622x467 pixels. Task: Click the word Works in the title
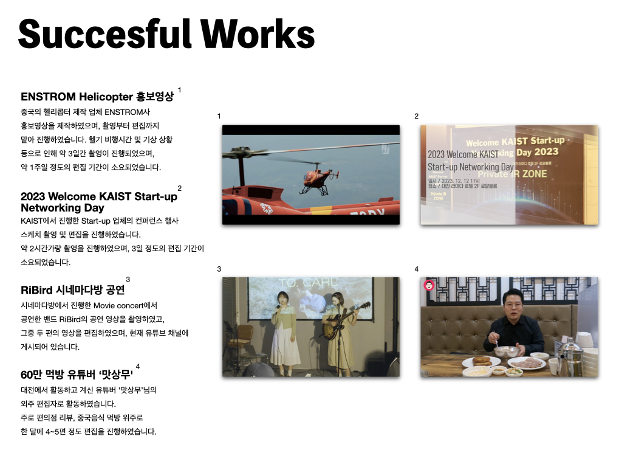[258, 34]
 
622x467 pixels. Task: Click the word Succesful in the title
[104, 34]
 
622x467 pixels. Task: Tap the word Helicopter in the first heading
[106, 97]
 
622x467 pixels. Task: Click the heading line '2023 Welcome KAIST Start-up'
[99, 196]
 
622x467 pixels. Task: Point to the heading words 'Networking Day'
[63, 208]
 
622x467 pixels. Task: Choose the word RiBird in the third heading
[36, 290]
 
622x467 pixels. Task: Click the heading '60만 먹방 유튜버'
[56, 375]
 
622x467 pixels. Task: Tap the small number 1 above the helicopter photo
[219, 116]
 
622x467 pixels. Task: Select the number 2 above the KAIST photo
[416, 116]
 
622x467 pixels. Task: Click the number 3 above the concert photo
[219, 269]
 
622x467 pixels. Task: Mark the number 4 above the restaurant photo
[416, 269]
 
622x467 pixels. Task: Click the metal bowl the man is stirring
[506, 351]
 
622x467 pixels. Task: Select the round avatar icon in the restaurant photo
[429, 285]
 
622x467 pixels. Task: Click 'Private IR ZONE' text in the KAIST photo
[511, 174]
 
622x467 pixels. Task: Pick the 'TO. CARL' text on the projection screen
[309, 283]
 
